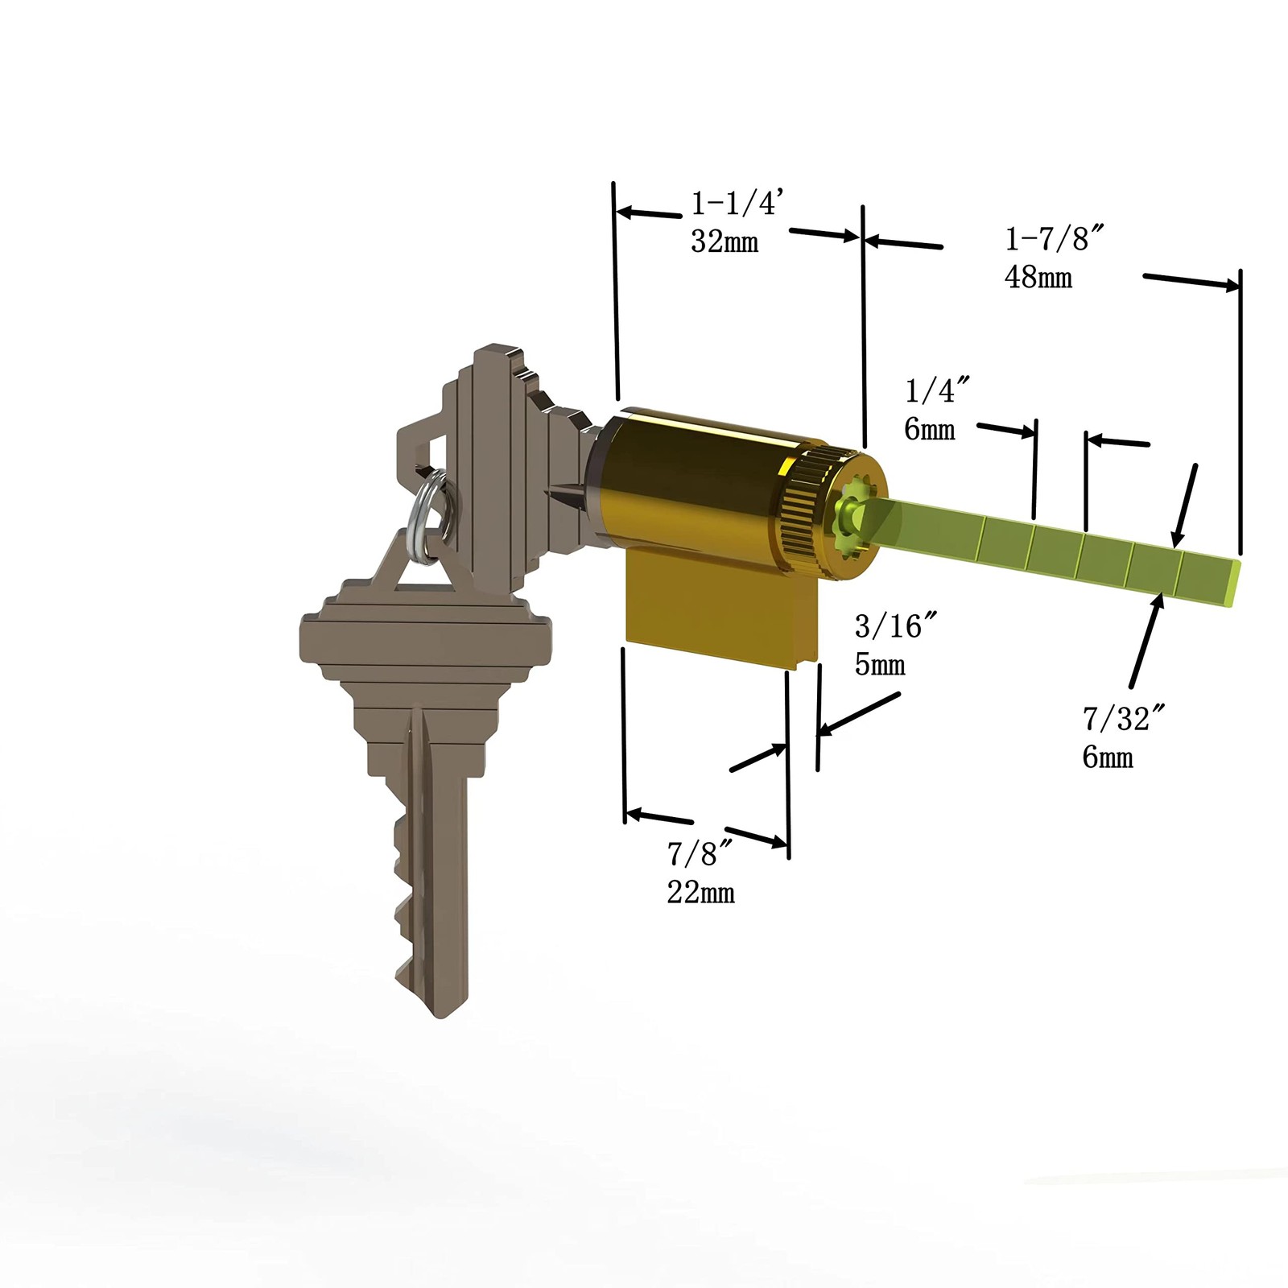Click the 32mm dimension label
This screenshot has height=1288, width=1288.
[724, 242]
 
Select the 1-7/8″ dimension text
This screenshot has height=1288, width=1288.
[1054, 239]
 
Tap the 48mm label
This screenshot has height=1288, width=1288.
[1038, 278]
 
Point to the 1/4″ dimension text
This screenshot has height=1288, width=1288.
[936, 391]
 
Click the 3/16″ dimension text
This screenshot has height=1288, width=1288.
[896, 625]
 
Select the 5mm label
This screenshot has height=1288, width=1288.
[879, 665]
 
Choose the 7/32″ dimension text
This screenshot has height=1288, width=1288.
[1125, 718]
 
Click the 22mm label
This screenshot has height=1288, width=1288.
[700, 893]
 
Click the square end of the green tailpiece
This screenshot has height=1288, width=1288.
[1232, 584]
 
